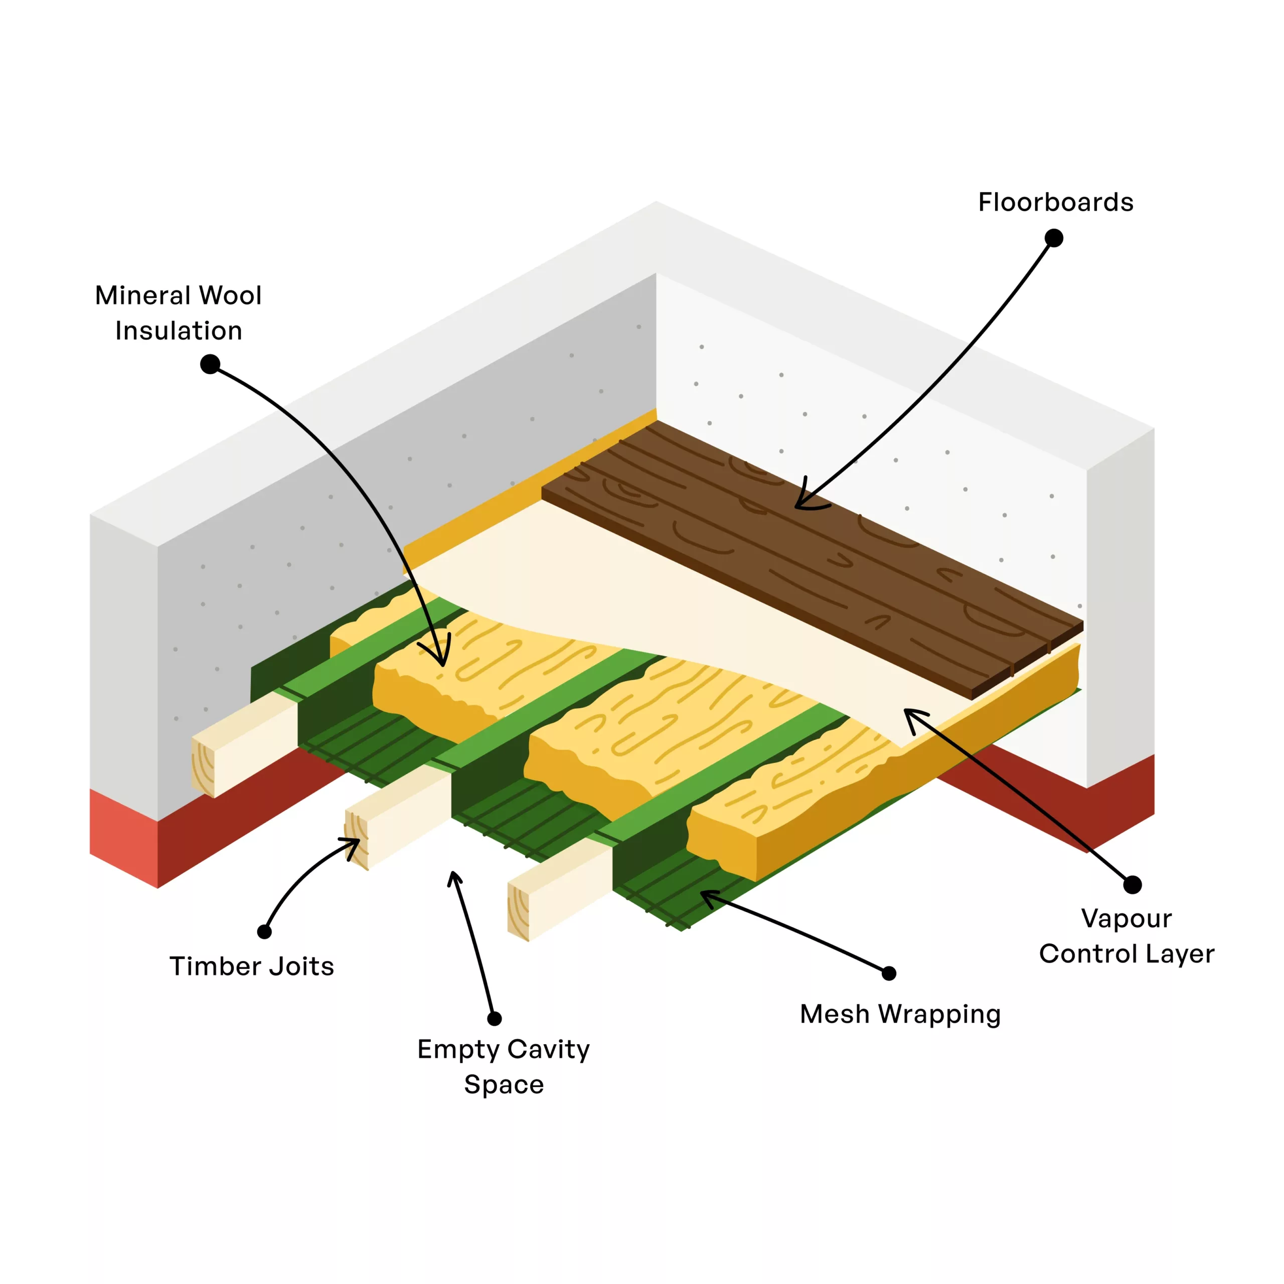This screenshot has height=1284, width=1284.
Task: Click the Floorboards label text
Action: click(x=1055, y=203)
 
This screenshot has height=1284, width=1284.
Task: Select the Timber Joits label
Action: click(x=251, y=967)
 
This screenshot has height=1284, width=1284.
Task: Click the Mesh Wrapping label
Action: click(x=900, y=1015)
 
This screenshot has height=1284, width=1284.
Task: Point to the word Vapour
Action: click(x=1127, y=918)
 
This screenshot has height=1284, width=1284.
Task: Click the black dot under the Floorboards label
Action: click(x=1054, y=238)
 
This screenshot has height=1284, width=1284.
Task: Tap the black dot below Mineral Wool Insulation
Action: click(x=210, y=364)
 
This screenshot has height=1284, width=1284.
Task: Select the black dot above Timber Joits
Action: click(x=264, y=932)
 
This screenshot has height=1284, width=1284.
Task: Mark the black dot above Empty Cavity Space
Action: click(x=495, y=1019)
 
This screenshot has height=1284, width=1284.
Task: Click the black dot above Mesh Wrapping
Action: click(x=889, y=974)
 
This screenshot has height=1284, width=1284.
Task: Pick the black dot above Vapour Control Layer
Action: click(x=1133, y=885)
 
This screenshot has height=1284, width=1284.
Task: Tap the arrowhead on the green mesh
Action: click(x=706, y=895)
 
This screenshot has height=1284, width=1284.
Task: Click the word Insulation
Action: click(x=178, y=331)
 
